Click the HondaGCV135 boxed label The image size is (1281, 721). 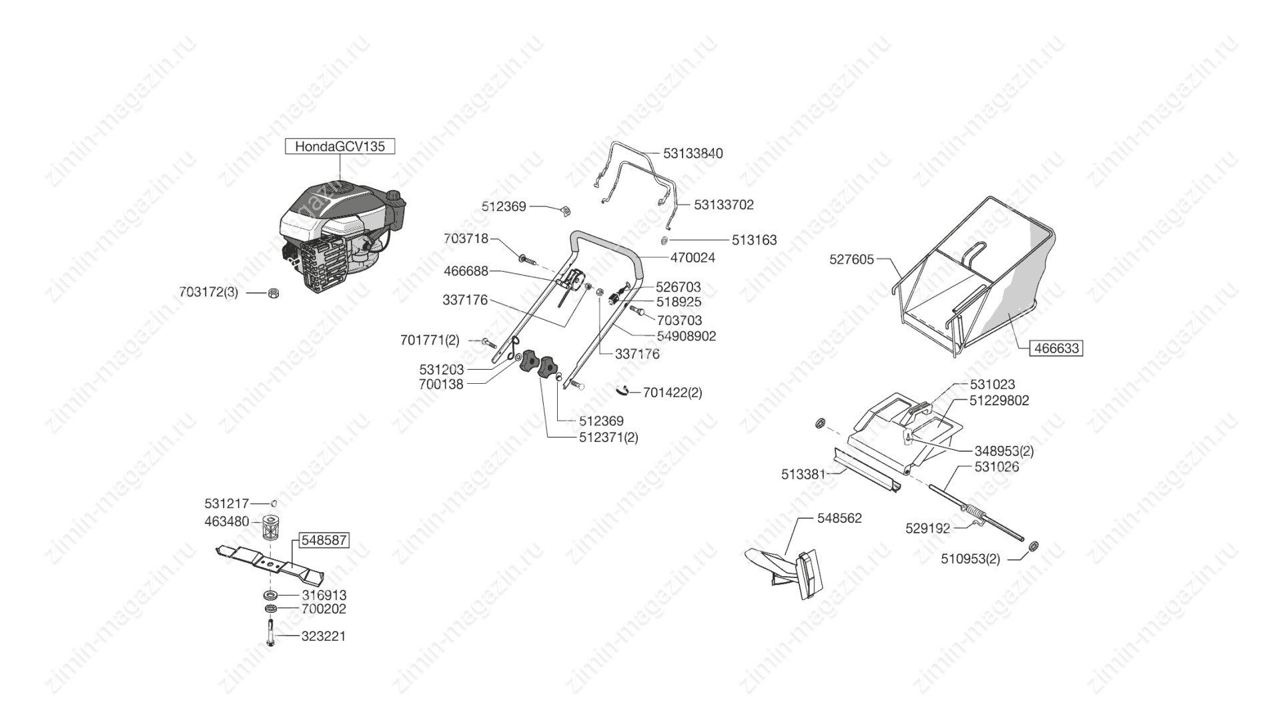(340, 146)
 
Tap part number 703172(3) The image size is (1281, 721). (208, 292)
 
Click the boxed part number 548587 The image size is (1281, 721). (324, 540)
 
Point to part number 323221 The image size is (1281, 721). (324, 636)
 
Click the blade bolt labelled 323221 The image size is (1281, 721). (270, 632)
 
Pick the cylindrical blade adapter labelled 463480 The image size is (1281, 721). (270, 529)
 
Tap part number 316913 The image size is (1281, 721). (324, 595)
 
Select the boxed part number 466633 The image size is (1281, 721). (1055, 348)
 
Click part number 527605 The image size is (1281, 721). (851, 259)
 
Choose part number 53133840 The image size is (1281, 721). (693, 154)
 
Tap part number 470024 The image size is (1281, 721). (693, 258)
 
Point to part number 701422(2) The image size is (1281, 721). (673, 393)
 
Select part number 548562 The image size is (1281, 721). (839, 518)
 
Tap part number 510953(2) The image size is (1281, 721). (970, 559)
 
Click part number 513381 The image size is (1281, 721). (803, 475)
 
